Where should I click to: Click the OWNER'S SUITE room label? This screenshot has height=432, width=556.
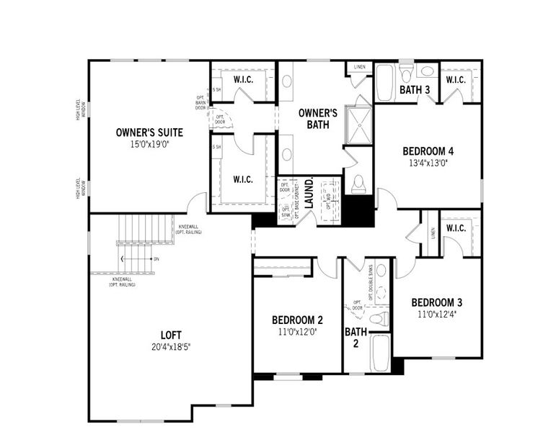(x=149, y=132)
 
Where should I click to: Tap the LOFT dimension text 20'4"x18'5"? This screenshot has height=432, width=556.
(x=171, y=347)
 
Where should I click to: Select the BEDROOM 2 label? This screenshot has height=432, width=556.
(x=296, y=320)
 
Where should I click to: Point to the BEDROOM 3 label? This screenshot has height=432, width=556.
(x=437, y=302)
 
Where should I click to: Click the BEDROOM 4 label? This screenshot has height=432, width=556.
(x=428, y=151)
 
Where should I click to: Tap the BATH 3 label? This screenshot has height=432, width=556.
(x=415, y=90)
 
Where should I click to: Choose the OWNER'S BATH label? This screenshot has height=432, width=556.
(x=318, y=118)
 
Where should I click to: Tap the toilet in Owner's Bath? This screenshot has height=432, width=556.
(x=358, y=184)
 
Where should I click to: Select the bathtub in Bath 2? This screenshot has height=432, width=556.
(x=380, y=352)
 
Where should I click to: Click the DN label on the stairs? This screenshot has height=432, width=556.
(x=156, y=258)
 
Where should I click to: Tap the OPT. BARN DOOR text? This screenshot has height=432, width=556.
(x=201, y=102)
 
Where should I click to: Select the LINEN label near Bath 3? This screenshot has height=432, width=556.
(x=360, y=67)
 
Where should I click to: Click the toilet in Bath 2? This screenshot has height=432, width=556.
(x=379, y=318)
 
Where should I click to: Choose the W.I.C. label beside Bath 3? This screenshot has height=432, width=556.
(x=455, y=79)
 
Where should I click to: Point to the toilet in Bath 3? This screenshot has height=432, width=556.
(x=405, y=74)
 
